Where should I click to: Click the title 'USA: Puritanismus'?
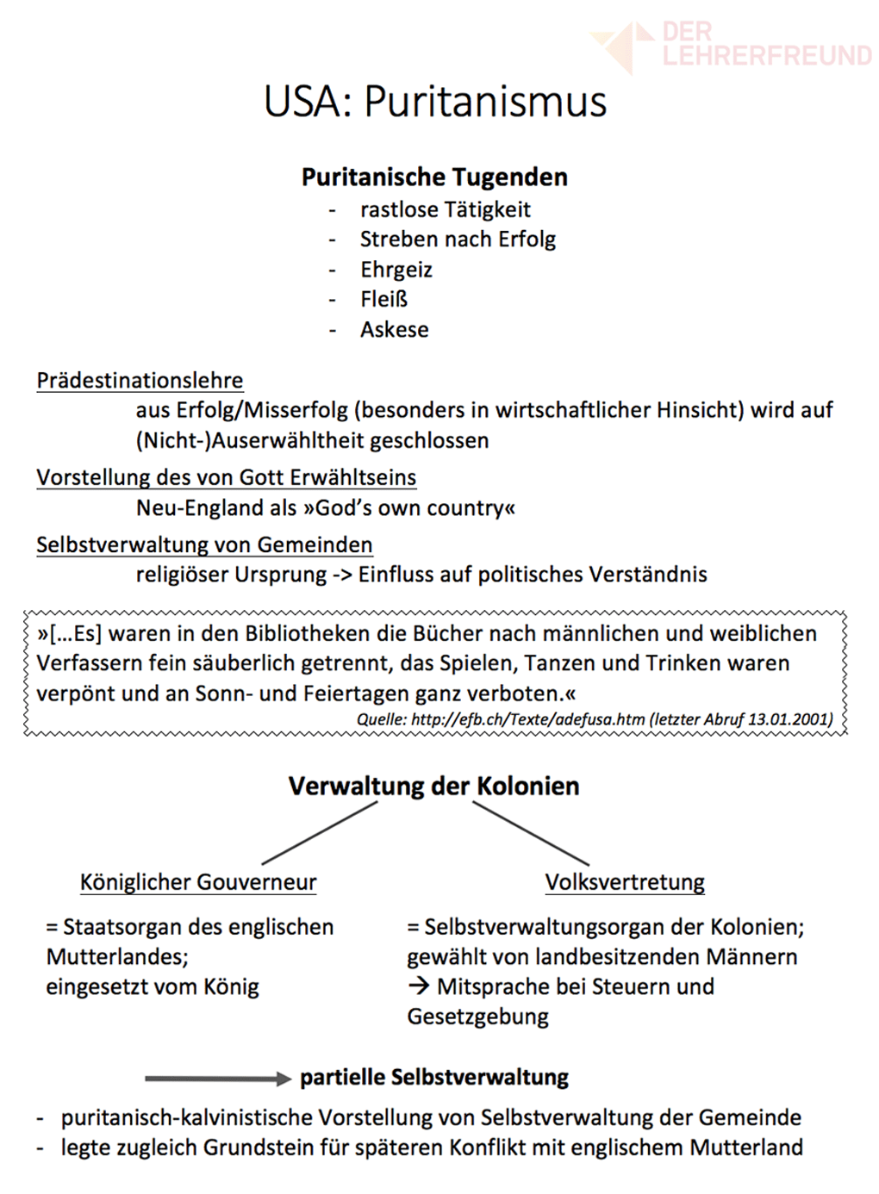435,102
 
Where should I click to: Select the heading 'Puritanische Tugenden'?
434,177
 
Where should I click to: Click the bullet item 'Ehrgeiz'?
396,270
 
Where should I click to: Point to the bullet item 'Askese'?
394,330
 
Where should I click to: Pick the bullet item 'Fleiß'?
383,300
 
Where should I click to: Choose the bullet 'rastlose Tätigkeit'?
445,209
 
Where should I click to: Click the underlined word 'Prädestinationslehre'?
140,380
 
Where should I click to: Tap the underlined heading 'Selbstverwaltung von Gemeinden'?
204,544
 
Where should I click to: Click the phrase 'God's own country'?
409,508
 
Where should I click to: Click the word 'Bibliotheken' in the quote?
308,634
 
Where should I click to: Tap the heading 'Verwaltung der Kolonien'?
433,787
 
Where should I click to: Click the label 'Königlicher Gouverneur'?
198,882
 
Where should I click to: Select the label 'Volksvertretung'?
625,882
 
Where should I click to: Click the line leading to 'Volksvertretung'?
531,834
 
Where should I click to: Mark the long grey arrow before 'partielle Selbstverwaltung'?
217,1079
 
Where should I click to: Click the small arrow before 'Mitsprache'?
419,986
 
